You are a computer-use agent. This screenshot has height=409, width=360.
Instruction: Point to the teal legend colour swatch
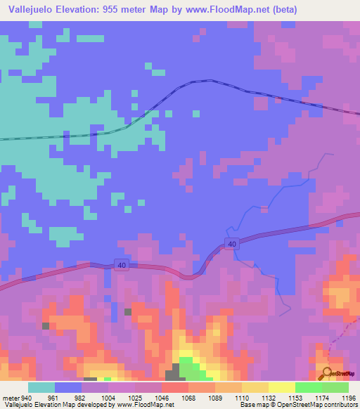pyautogui.click(x=41, y=387)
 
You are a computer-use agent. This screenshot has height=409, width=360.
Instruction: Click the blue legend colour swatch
pyautogui.click(x=68, y=387)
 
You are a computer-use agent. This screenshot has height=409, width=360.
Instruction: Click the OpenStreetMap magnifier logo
pyautogui.click(x=327, y=373)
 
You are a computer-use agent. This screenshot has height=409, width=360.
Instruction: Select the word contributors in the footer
pyautogui.click(x=341, y=405)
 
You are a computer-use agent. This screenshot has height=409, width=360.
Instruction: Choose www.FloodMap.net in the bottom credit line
pyautogui.click(x=144, y=405)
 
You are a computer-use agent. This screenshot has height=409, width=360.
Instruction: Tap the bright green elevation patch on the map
pyautogui.click(x=188, y=365)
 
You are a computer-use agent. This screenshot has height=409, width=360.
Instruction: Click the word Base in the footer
pyautogui.click(x=246, y=405)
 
